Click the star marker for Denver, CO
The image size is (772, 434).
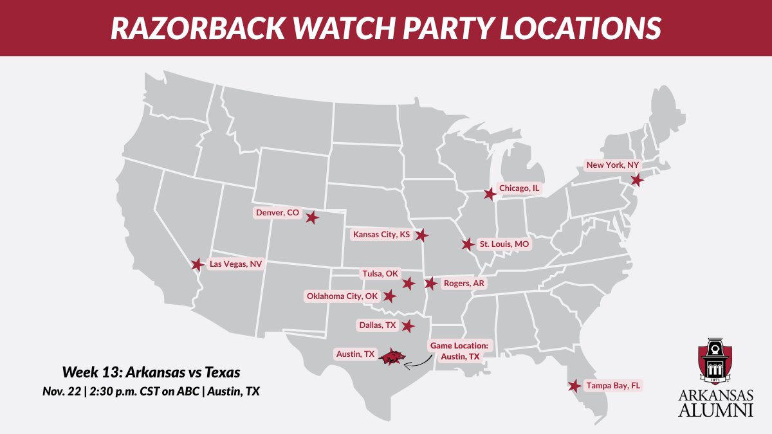click(312, 217)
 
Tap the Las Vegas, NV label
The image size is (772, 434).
click(236, 264)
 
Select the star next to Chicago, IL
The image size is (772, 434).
click(490, 194)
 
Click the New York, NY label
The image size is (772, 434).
click(612, 165)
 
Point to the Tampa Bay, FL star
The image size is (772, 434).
click(573, 386)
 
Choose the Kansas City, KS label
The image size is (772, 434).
click(381, 235)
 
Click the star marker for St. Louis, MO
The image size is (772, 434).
click(468, 244)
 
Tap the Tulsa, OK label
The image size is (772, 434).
click(381, 274)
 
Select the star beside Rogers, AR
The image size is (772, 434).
click(430, 283)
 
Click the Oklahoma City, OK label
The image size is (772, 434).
click(342, 296)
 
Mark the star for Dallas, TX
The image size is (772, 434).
click(407, 326)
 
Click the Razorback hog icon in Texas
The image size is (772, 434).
click(391, 357)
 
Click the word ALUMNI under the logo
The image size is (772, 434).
click(716, 410)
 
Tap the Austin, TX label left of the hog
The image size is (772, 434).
click(355, 354)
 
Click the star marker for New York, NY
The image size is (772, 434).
click(636, 180)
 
